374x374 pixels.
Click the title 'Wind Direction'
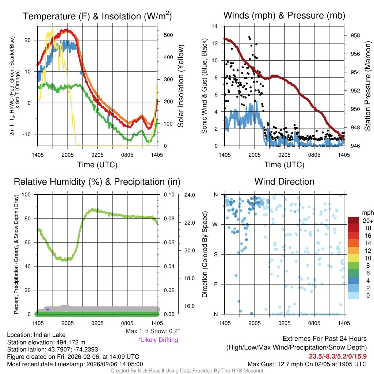tap(284, 182)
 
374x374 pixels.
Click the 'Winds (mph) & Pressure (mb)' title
tap(284, 15)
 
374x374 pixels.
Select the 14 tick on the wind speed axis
tap(215, 26)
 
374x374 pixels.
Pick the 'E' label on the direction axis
tap(215, 284)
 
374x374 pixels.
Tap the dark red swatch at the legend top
tap(354, 221)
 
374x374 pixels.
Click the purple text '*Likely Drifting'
tap(158, 340)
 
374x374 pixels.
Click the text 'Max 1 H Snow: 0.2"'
tap(153, 331)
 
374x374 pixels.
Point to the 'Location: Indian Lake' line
tap(36, 335)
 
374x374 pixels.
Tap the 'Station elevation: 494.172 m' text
tap(46, 342)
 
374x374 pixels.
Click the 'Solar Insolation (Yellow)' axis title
tap(181, 86)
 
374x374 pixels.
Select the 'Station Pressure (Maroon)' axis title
tap(368, 86)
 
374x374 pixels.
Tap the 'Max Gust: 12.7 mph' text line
tap(307, 364)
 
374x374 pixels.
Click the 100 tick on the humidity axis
tap(27, 195)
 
